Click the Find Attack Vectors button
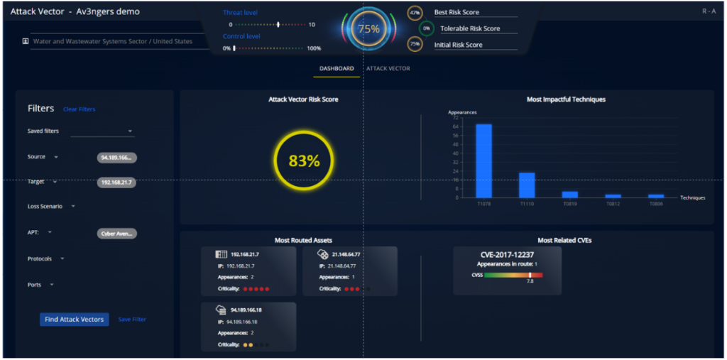coord(74,320)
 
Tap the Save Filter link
coord(132,320)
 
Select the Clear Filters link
coord(79,109)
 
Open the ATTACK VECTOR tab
coord(388,69)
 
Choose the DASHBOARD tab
coord(336,69)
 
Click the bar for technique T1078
coord(483,160)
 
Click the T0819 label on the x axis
coord(570,204)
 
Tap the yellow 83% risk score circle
coord(304,161)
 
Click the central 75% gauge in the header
coord(368,29)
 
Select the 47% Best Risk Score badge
coord(415,13)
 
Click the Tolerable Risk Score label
coord(470,29)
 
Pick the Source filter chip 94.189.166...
coord(116,158)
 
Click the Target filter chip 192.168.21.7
coord(116,182)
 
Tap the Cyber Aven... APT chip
coord(116,233)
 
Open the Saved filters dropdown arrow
coord(131,131)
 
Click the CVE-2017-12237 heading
coord(507,254)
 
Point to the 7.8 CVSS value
coord(530,282)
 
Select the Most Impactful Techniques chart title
coord(566,99)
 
